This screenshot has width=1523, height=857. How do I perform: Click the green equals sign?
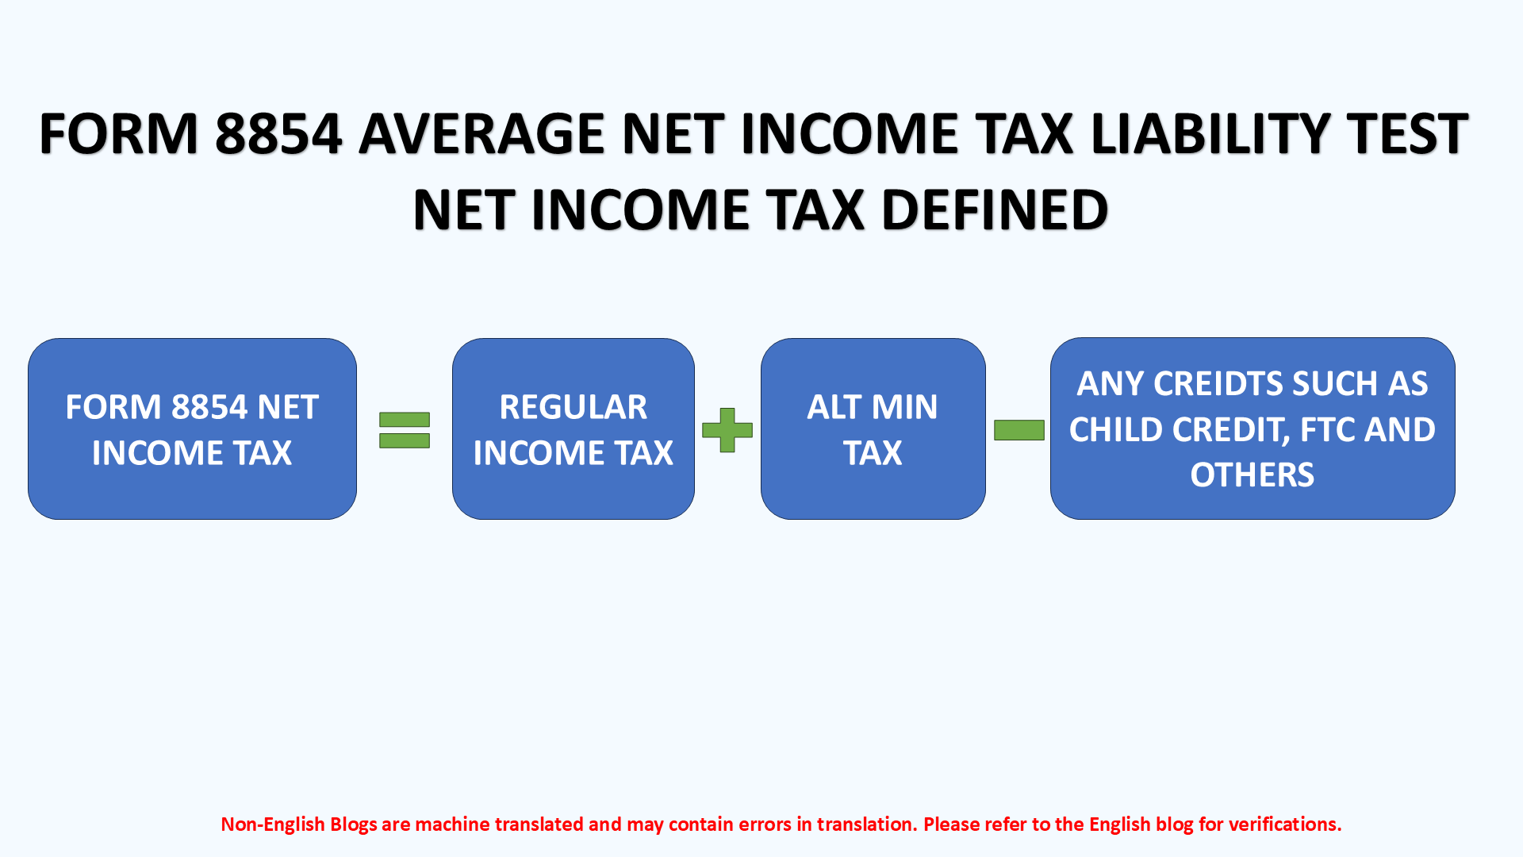[x=405, y=430]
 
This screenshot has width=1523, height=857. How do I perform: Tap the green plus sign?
[x=727, y=430]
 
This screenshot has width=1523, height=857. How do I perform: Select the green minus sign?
[x=1019, y=430]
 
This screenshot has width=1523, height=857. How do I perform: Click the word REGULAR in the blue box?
[x=573, y=407]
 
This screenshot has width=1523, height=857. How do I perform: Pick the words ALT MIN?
[x=872, y=407]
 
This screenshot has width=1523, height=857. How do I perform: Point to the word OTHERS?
[x=1252, y=475]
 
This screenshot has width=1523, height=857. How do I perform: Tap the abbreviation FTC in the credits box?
[x=1328, y=430]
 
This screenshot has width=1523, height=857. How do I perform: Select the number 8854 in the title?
[x=278, y=133]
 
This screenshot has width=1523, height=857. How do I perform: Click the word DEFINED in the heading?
[x=994, y=210]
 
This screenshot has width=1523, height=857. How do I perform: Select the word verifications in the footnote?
[x=1284, y=824]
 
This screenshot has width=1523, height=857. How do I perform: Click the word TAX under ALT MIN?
[x=872, y=453]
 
